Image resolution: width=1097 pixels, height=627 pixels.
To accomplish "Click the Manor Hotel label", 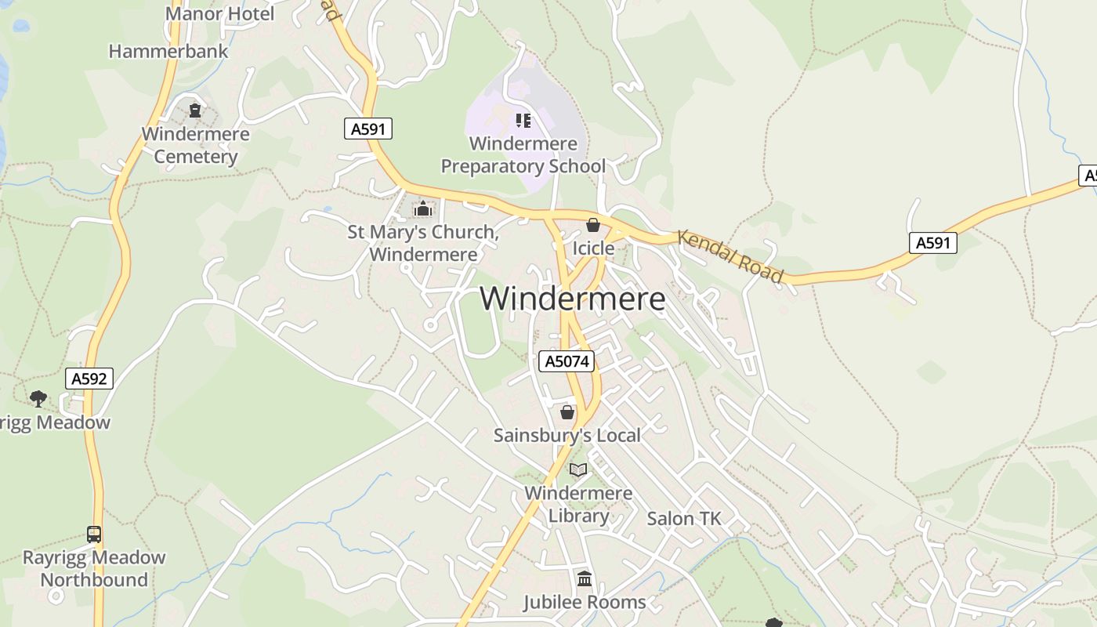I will tap(220, 14).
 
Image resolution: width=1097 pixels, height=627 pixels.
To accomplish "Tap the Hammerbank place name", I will tap(168, 52).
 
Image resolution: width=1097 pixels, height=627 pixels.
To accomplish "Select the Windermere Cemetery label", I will tap(195, 145).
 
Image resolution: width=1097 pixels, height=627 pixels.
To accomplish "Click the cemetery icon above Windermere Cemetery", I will tap(195, 111).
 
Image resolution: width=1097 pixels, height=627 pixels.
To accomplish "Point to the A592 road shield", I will tap(89, 379).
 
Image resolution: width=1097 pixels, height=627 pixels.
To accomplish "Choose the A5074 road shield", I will tap(567, 361).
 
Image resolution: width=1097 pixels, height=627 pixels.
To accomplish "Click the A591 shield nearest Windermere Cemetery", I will tap(368, 129).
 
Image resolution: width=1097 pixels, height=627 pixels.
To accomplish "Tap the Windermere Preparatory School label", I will tap(523, 155).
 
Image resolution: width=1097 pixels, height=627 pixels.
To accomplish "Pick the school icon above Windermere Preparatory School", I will tap(523, 121).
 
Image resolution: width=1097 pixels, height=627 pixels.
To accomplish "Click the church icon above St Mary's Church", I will tap(423, 209).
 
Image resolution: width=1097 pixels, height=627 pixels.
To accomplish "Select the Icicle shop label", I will tap(593, 248).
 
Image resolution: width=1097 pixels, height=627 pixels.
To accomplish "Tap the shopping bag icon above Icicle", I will tap(593, 226).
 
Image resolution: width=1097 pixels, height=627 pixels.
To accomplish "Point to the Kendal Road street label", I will tap(730, 256).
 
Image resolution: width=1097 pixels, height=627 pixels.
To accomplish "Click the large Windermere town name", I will tap(573, 299).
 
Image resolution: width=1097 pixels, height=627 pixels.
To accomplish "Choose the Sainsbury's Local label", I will tap(567, 435).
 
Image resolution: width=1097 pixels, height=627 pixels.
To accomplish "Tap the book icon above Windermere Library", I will tap(578, 469).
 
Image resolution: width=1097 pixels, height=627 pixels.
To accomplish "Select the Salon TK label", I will tap(684, 519).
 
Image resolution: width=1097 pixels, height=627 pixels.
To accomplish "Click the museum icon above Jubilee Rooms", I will tap(585, 579).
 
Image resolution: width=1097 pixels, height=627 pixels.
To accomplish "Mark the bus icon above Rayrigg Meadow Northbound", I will tap(94, 535).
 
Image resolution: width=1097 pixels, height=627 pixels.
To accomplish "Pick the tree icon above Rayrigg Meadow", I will tap(38, 399).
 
